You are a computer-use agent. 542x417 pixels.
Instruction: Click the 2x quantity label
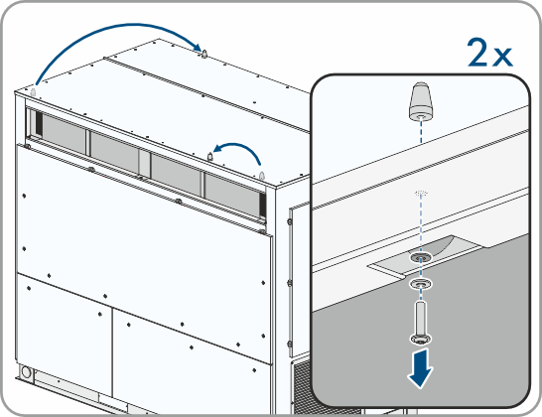click(x=489, y=53)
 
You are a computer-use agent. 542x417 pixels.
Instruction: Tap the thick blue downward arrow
click(x=420, y=368)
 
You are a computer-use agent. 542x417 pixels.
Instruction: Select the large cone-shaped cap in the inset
click(x=421, y=101)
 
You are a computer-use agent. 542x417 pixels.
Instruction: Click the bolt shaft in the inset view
click(x=420, y=318)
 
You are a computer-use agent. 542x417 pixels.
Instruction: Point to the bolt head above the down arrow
click(x=421, y=339)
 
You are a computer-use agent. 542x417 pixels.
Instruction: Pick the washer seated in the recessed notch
click(x=421, y=257)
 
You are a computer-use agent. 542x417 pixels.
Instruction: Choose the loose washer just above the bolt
click(x=421, y=284)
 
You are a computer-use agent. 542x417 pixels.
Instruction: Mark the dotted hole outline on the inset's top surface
click(x=421, y=192)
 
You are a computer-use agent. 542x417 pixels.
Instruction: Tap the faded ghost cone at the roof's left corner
click(x=34, y=92)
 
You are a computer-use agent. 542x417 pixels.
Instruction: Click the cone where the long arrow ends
click(x=204, y=54)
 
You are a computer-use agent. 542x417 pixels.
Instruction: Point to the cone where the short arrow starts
click(x=262, y=176)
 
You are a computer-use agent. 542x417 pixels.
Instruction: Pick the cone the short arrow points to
click(x=209, y=157)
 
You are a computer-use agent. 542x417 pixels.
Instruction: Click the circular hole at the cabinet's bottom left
click(x=26, y=372)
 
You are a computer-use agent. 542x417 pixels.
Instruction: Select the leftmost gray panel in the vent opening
click(x=64, y=133)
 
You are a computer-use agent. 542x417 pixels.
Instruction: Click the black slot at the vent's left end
click(x=39, y=123)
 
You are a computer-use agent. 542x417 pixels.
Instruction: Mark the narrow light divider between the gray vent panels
click(x=145, y=163)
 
